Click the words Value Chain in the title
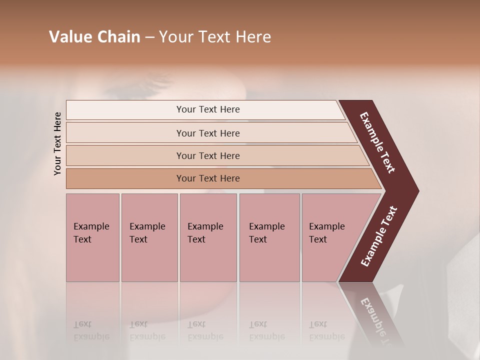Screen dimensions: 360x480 [x=94, y=37]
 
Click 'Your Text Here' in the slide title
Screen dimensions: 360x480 [x=215, y=37]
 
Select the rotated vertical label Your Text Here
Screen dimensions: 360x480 [x=57, y=143]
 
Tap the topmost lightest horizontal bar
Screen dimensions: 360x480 [x=208, y=109]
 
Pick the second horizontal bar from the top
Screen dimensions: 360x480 [x=208, y=133]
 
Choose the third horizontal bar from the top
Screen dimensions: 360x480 [x=208, y=155]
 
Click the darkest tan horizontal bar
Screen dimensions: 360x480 [x=208, y=178]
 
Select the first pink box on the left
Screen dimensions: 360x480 [x=92, y=237]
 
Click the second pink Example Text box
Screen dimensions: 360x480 [x=149, y=237]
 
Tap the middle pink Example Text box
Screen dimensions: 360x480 [x=208, y=237]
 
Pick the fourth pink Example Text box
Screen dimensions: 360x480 [x=269, y=237]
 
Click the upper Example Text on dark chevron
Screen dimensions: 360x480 [x=377, y=142]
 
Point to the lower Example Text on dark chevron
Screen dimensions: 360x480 [x=379, y=236]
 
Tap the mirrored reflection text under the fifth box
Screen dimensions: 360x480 [x=327, y=330]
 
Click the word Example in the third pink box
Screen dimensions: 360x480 [x=205, y=226]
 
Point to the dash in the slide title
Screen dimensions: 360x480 [x=149, y=37]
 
